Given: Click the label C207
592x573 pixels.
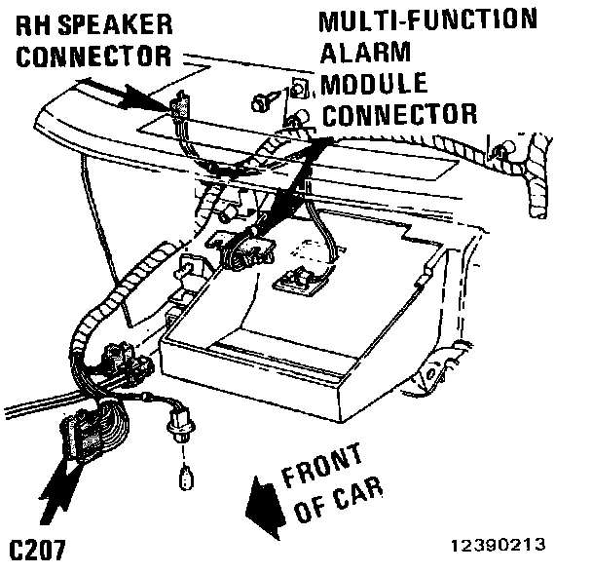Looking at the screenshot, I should coord(36,549).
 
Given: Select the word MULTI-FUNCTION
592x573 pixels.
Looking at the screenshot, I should coord(426,19).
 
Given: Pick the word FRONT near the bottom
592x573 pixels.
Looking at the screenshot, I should coord(321,466).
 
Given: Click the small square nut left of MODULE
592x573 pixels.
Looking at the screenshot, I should coord(300,89).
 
